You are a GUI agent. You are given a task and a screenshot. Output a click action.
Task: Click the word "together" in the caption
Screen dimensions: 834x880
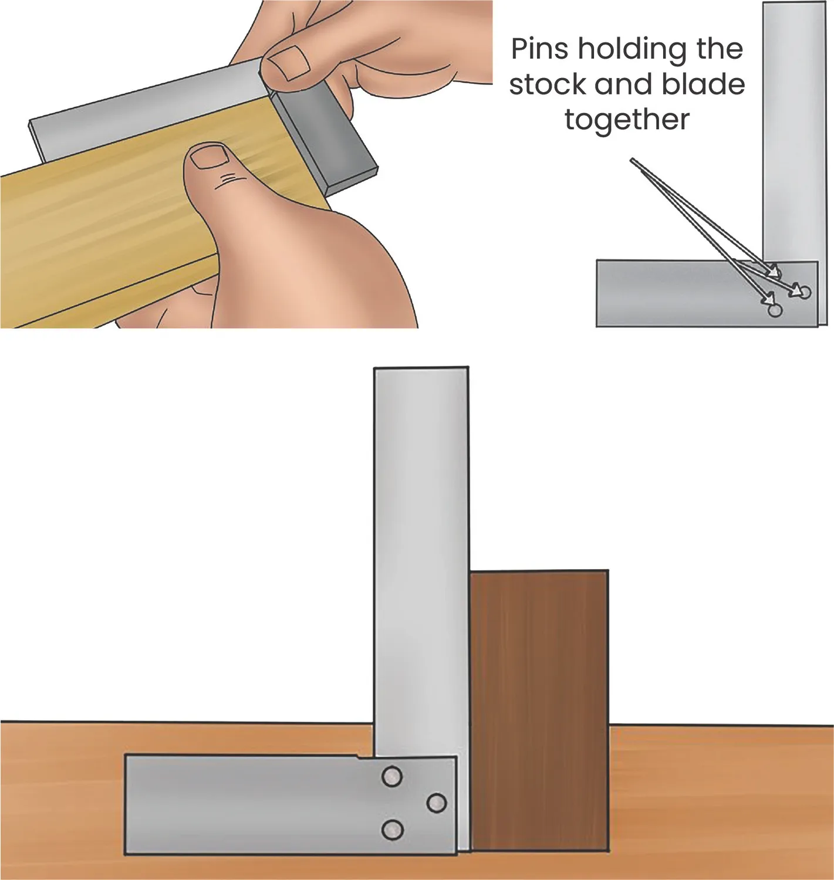click(627, 120)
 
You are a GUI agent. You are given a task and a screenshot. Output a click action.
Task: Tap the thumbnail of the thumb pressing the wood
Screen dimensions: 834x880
click(209, 157)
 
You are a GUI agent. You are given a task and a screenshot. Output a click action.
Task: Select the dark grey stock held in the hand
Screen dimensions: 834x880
click(325, 141)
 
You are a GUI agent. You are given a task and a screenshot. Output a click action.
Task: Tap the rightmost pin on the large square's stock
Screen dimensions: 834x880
click(436, 803)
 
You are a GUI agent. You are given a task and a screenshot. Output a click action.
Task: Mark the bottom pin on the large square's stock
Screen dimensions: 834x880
click(392, 830)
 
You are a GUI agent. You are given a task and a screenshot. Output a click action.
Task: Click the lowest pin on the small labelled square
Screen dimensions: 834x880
click(775, 310)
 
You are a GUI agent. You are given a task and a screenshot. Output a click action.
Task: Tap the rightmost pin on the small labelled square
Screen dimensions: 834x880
click(805, 293)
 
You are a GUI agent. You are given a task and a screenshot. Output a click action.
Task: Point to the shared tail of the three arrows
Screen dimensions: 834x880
click(633, 160)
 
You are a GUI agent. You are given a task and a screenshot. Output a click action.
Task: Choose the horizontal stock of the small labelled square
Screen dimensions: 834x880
click(707, 293)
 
